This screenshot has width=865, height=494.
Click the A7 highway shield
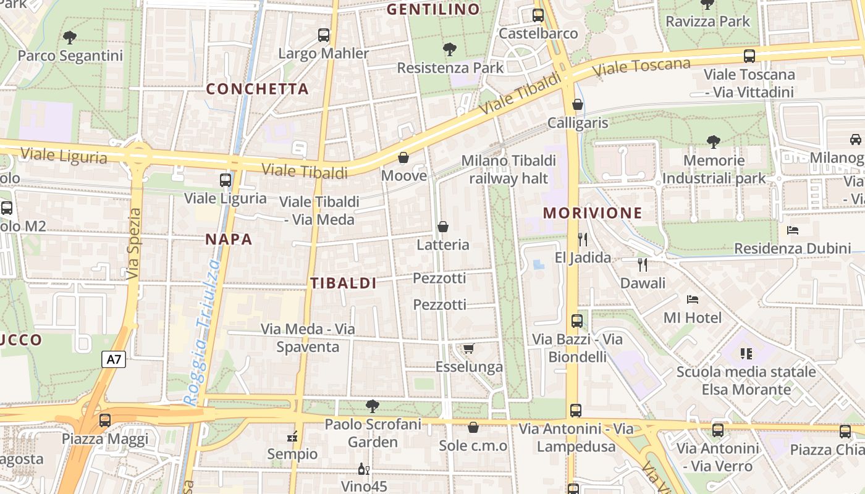[114, 359]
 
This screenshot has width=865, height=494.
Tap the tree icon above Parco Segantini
[70, 38]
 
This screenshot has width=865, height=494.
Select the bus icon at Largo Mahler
[324, 35]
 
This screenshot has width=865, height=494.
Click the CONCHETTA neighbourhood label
[257, 89]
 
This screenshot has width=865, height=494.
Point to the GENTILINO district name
[433, 9]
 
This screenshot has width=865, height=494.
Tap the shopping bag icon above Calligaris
[578, 104]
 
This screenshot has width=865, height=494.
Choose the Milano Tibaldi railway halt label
[508, 169]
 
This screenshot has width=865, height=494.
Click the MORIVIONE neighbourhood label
[593, 214]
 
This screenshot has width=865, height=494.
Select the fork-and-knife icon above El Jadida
[583, 239]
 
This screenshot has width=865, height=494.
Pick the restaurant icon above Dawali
[643, 265]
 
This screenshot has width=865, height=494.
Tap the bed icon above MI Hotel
[693, 299]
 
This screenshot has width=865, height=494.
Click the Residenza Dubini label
[793, 248]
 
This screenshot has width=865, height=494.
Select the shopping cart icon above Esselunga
[469, 349]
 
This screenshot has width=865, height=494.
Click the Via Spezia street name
[133, 244]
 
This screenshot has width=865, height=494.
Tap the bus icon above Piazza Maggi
[105, 421]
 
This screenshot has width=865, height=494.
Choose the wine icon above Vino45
[364, 469]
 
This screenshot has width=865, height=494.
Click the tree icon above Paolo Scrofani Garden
[373, 406]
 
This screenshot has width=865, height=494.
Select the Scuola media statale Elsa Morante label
[746, 380]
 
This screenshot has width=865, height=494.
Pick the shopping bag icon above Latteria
[442, 227]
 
